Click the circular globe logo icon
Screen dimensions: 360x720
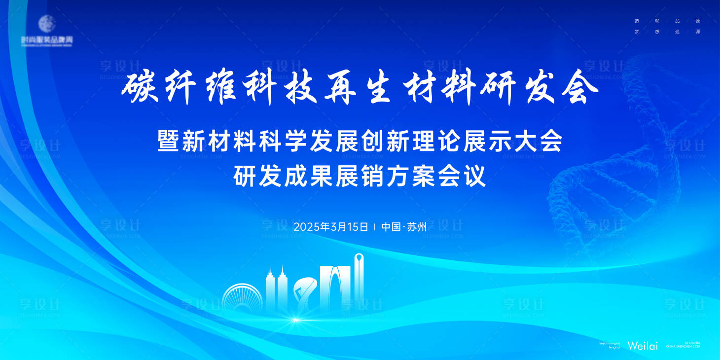pos(47,24)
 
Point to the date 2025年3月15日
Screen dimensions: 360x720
pos(331,227)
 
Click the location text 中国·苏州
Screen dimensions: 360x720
pos(404,227)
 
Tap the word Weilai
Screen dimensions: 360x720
pos(643,346)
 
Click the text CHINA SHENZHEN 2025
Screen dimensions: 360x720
pos(683,347)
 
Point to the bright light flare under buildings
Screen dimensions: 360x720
pos(295,320)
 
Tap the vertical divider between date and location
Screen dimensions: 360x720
pos(375,227)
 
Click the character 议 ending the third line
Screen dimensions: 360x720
pos(475,177)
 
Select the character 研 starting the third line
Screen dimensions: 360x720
pos(245,177)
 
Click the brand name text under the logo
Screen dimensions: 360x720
pos(47,39)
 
